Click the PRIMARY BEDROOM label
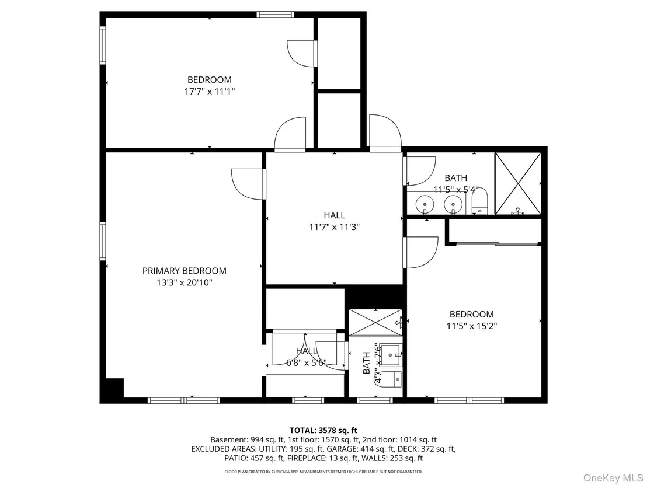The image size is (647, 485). coord(185,271)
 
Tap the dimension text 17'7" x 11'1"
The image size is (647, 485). coord(210,92)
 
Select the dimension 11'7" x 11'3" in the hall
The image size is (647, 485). coord(334,227)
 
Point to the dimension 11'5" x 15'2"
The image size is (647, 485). coord(472,326)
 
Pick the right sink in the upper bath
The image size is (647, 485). coord(453,204)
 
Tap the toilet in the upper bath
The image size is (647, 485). coord(479,202)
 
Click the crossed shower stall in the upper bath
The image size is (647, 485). coord(517,183)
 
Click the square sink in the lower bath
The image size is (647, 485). coord(390,355)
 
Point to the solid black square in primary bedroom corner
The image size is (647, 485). coord(114,388)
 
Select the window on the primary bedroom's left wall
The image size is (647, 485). coord(103,241)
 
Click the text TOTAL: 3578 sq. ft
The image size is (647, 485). coord(323,431)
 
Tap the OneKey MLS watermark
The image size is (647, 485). coord(612,478)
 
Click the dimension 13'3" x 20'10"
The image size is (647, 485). coord(185,283)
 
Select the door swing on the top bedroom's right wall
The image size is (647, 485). coord(302,53)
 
